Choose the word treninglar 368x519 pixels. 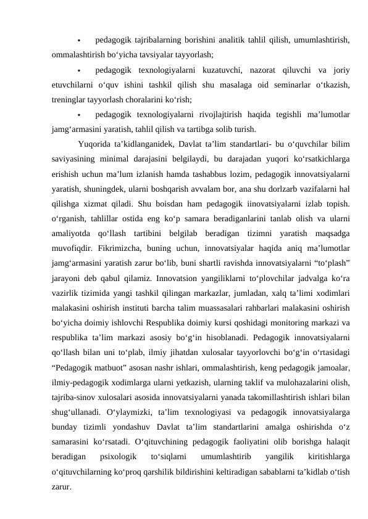71,99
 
